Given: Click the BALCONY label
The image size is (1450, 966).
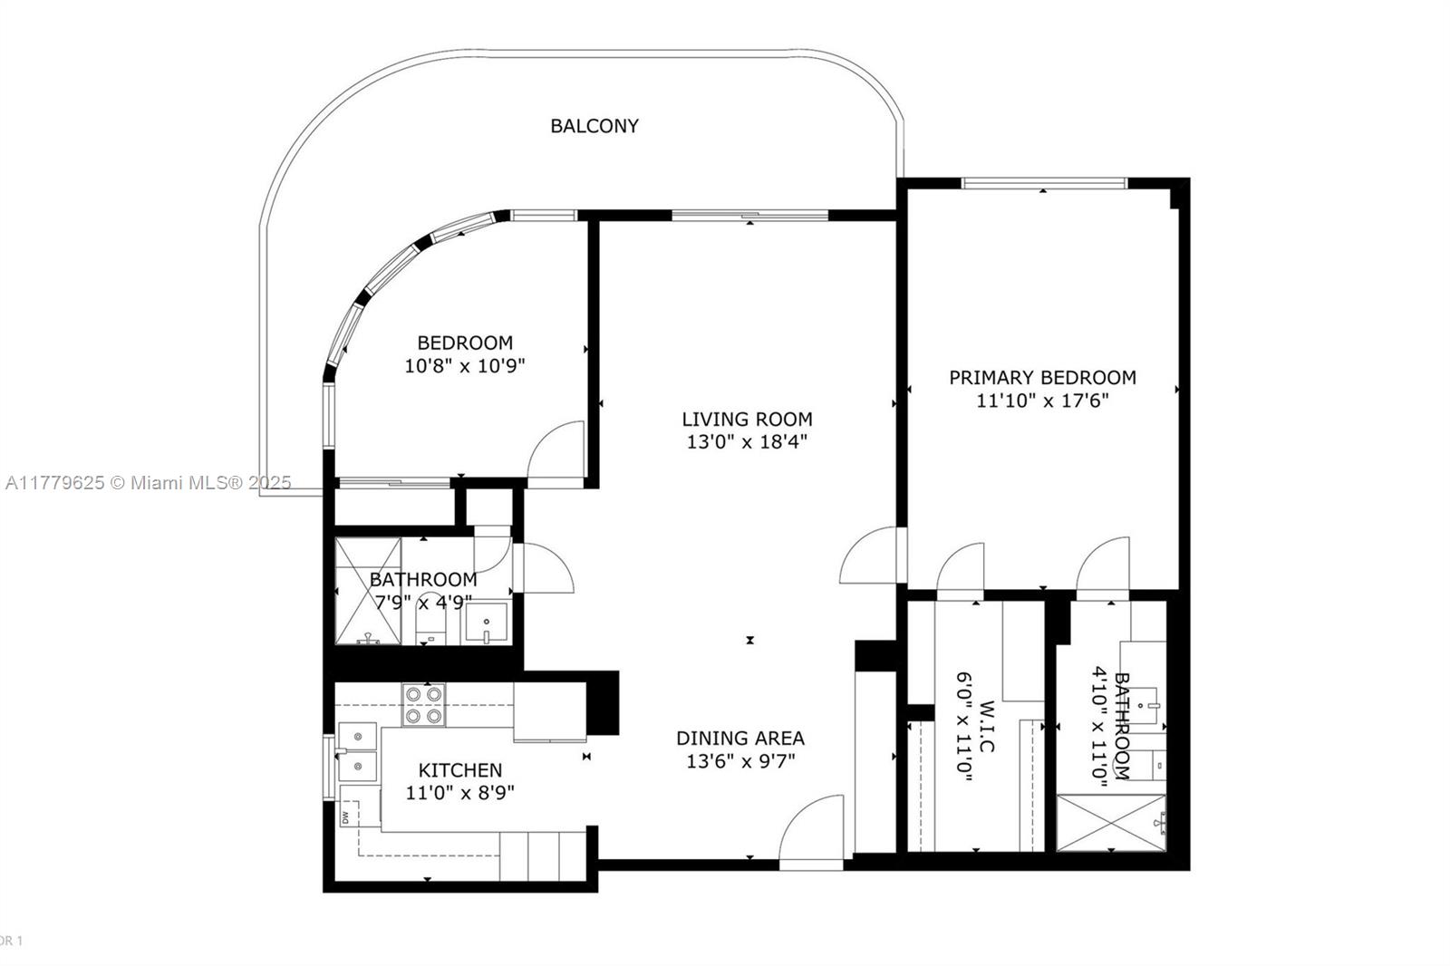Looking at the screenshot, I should [x=594, y=126].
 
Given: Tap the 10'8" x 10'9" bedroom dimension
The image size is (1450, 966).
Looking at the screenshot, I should [x=465, y=366].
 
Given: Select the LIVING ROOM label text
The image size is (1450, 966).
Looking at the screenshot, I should [x=747, y=419].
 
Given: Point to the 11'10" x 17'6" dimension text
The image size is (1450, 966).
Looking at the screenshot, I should [x=1042, y=401].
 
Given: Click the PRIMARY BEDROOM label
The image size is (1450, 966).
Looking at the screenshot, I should [x=1042, y=377].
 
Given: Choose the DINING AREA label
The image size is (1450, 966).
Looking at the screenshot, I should [x=740, y=738].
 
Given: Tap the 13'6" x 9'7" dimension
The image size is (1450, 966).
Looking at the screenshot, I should [x=740, y=761].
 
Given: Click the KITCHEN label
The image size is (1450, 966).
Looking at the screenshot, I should [x=459, y=770].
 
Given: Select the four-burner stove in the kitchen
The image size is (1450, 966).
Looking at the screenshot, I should [x=424, y=705].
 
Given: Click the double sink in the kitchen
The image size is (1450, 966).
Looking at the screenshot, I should [x=358, y=752].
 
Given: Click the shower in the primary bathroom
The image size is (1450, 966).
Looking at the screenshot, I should [x=1111, y=823].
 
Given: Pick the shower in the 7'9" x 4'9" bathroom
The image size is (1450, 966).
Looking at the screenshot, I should [x=367, y=591].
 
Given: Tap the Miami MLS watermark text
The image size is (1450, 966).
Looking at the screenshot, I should [x=148, y=483].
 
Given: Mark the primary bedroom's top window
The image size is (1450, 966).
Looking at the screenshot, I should [x=1044, y=184].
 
